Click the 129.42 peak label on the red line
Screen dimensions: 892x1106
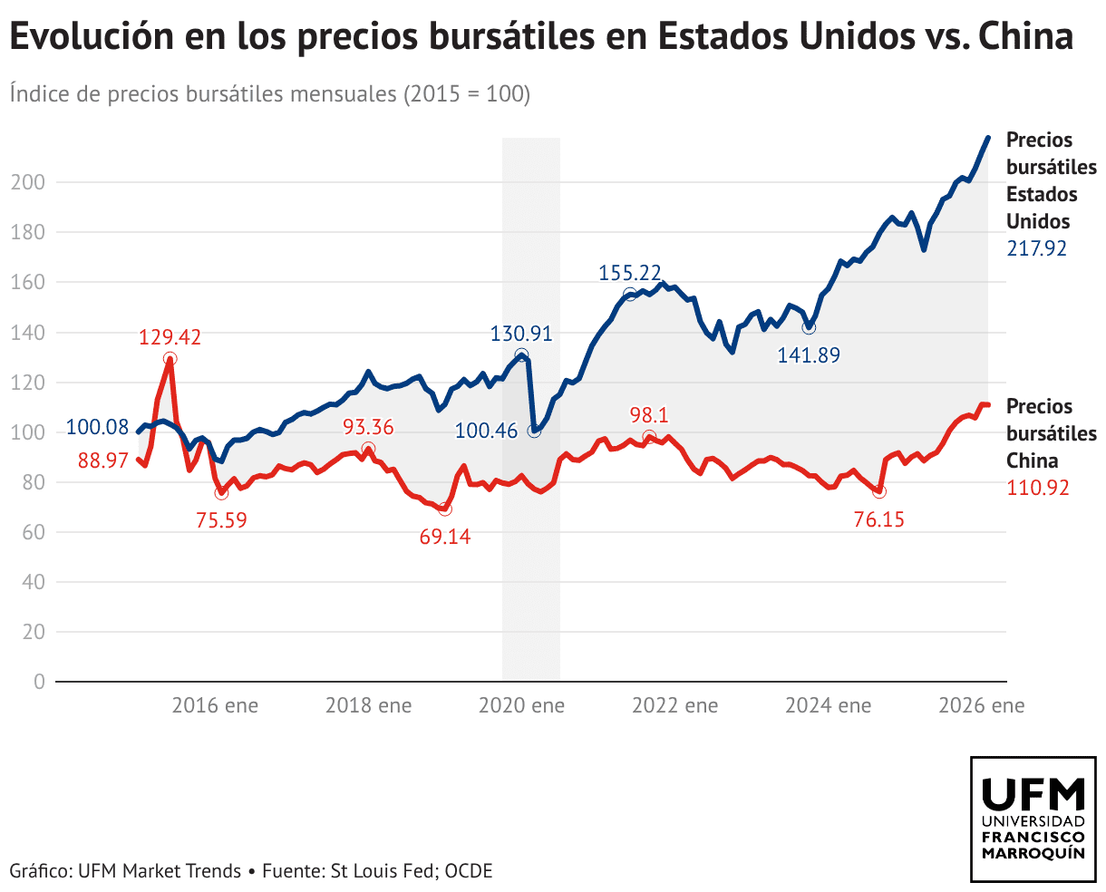[170, 338]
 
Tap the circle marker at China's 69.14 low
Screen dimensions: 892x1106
[444, 509]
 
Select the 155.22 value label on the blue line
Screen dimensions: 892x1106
[629, 273]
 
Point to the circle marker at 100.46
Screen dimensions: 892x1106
[534, 431]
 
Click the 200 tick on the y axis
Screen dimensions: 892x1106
[27, 182]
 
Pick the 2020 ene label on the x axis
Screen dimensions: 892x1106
[521, 705]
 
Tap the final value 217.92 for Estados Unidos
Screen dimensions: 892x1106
[1037, 248]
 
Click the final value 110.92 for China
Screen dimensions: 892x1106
[1038, 488]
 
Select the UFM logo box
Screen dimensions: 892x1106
[1033, 819]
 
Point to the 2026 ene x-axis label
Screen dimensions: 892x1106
[982, 705]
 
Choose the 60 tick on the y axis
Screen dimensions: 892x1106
[34, 532]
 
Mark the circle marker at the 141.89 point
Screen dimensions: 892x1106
[809, 327]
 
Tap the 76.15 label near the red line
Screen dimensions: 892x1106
[879, 519]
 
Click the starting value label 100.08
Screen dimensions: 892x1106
[97, 427]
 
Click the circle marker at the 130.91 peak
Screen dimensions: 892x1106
[521, 355]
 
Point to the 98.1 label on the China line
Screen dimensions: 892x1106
[649, 415]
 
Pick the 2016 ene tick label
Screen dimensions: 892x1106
[215, 705]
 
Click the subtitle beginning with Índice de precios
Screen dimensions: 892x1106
[270, 93]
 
